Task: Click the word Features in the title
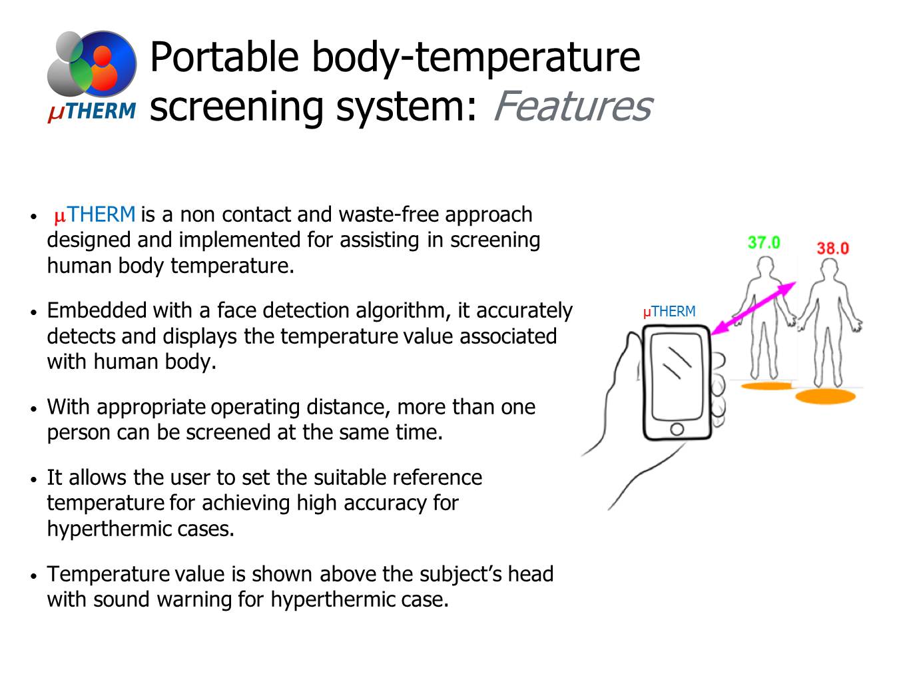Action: point(571,107)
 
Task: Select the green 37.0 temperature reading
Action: point(763,242)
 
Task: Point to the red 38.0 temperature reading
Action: point(832,248)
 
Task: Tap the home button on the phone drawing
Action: point(677,429)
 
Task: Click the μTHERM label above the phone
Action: point(669,312)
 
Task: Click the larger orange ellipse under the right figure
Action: point(825,397)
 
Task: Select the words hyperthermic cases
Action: point(140,529)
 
